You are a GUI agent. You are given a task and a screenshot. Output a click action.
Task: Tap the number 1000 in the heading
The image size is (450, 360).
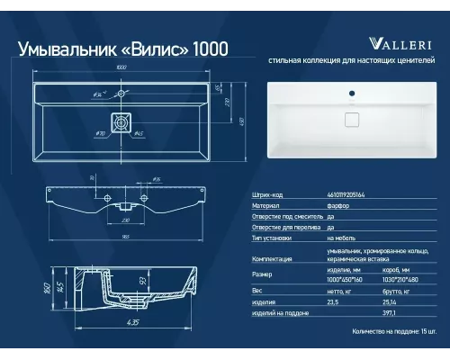[209, 47]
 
